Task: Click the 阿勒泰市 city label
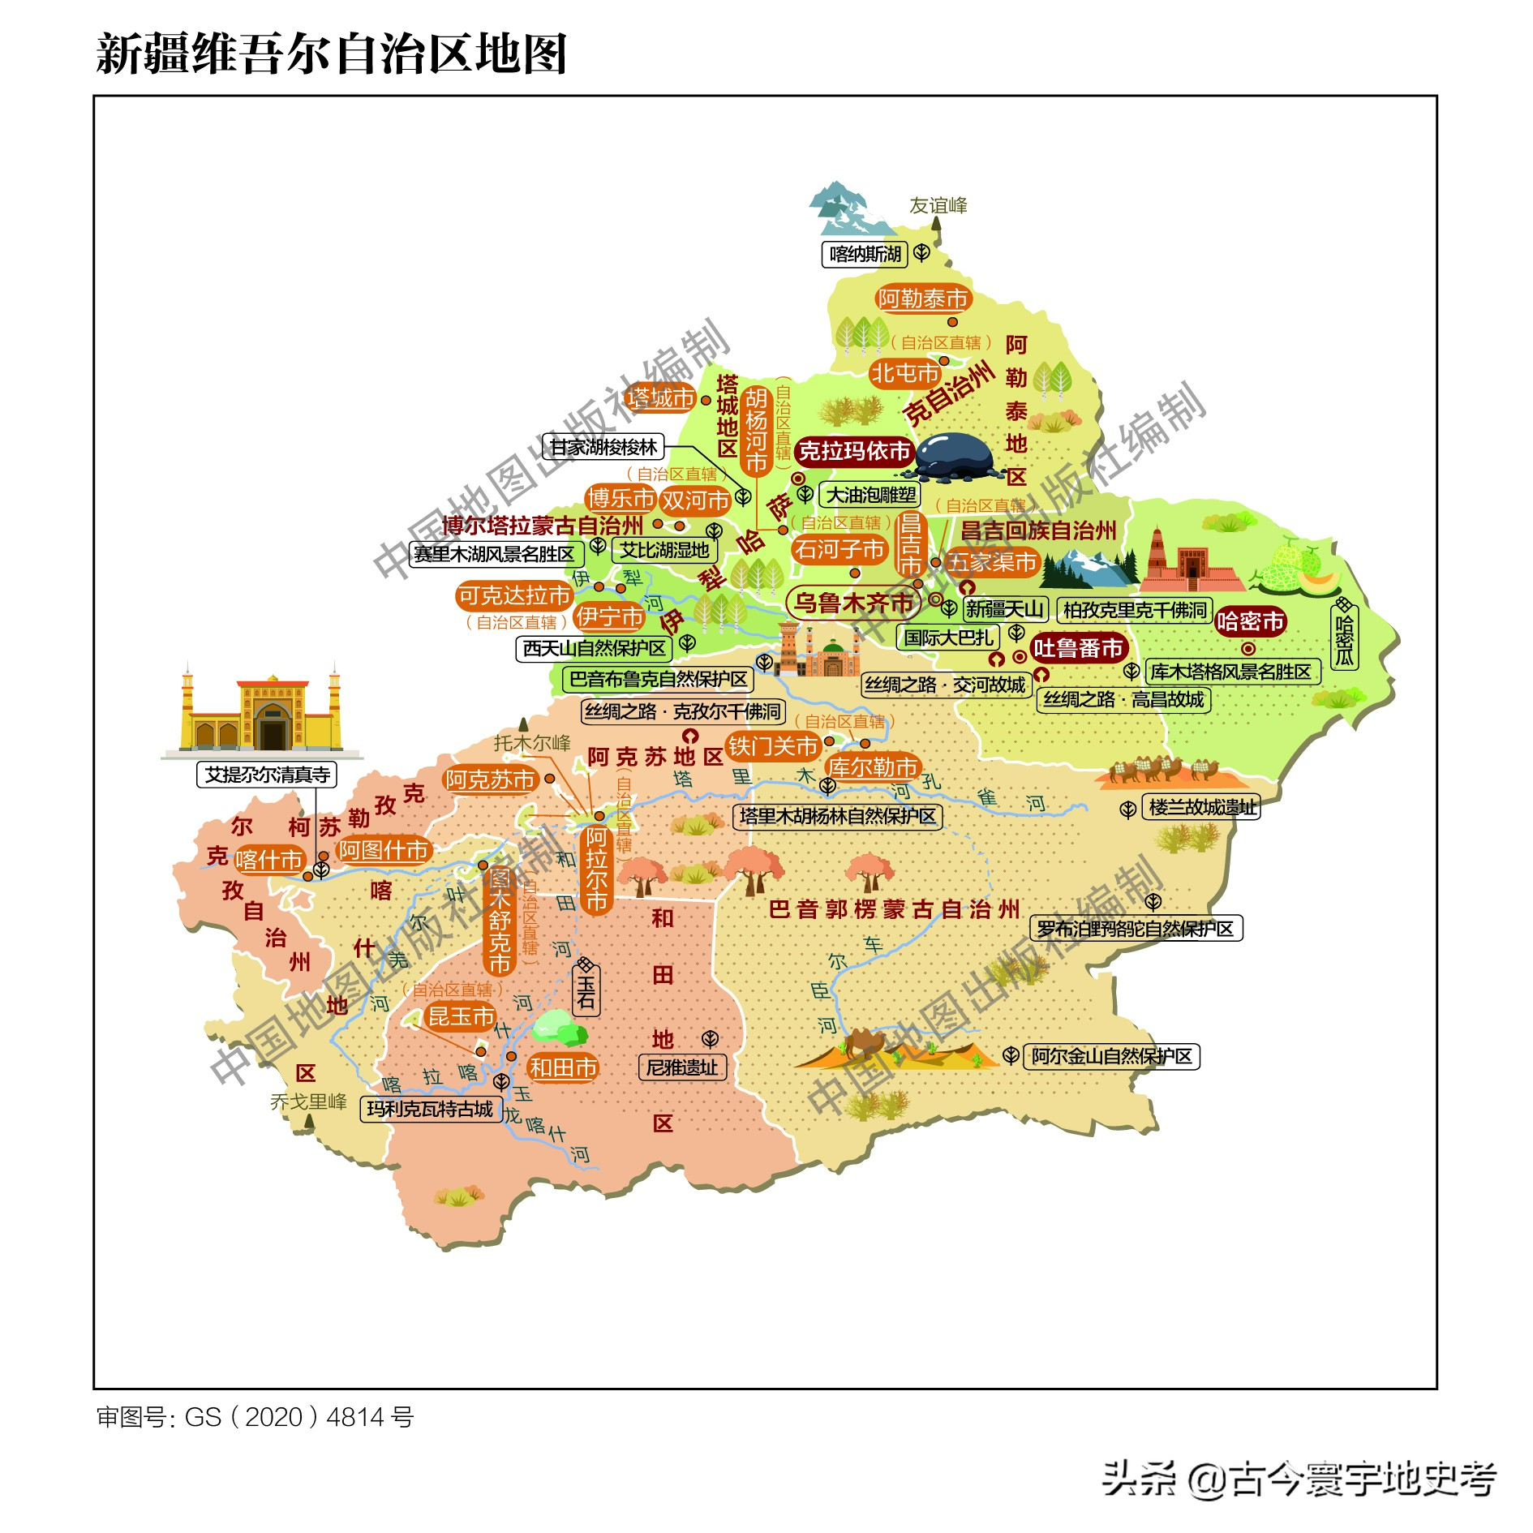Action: (x=923, y=299)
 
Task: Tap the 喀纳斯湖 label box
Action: (x=865, y=255)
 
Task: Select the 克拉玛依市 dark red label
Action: (x=854, y=452)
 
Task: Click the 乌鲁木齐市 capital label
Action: (x=853, y=603)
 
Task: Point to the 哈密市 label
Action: (x=1249, y=622)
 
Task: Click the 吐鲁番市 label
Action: (x=1078, y=648)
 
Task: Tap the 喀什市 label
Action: (x=269, y=860)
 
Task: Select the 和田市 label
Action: (x=563, y=1067)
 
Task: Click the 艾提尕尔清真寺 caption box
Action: (x=267, y=775)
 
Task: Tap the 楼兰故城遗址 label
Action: (x=1201, y=807)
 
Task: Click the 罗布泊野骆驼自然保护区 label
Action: (x=1135, y=929)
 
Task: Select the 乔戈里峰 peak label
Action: (x=308, y=1101)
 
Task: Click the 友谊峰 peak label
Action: (x=938, y=206)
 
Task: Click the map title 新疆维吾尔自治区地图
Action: (x=331, y=54)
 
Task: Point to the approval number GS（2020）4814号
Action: (x=255, y=1417)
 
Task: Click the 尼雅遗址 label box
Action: (x=682, y=1067)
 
